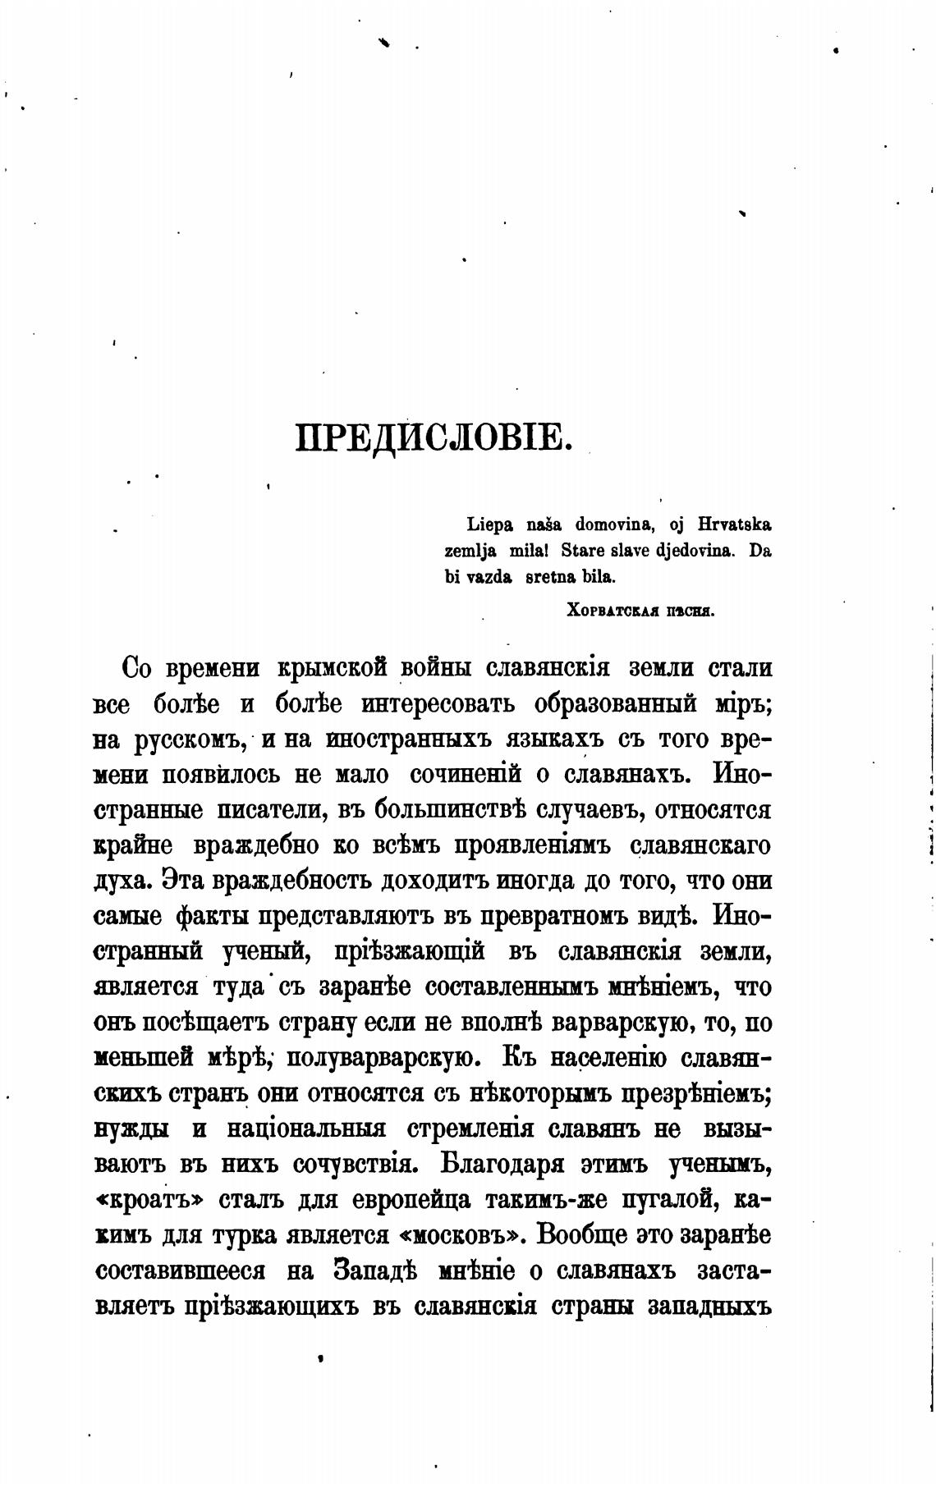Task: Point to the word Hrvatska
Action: coord(735,524)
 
